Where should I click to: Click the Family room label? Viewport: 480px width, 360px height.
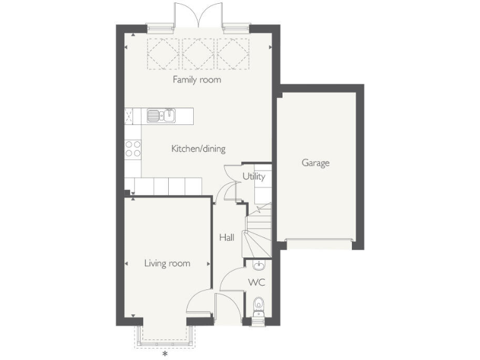click(197, 80)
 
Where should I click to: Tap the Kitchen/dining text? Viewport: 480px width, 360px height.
click(198, 149)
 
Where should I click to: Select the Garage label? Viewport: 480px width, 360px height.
click(316, 163)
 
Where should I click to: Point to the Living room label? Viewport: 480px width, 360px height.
click(167, 264)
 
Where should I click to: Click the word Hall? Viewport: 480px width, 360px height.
click(226, 237)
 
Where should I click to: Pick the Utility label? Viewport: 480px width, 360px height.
click(254, 177)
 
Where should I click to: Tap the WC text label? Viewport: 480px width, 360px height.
click(256, 282)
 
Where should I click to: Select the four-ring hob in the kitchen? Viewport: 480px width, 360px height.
click(132, 148)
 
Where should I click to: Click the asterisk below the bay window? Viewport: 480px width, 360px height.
click(165, 354)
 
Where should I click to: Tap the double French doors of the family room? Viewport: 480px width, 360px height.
click(198, 15)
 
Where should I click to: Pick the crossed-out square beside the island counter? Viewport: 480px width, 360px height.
click(129, 116)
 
